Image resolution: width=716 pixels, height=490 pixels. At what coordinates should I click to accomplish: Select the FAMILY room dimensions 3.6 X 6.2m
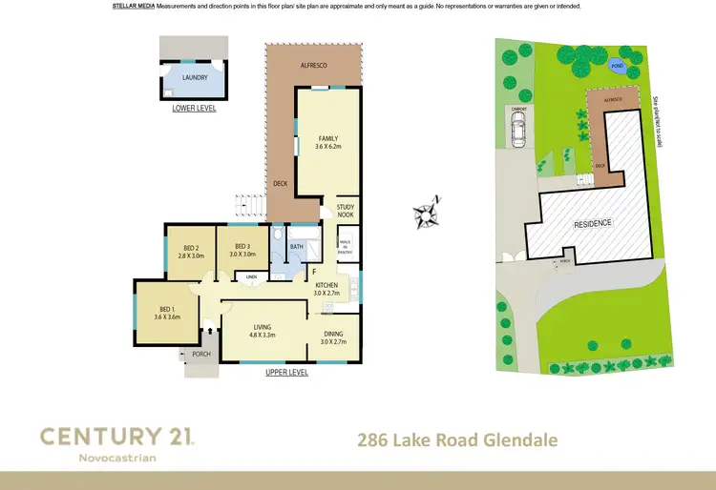pos(328,146)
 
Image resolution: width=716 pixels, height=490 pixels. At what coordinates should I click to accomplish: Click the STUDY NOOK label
pos(345,212)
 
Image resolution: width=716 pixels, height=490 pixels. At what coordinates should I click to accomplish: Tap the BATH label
pos(297,246)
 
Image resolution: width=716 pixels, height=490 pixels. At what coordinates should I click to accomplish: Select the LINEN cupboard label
pos(251,277)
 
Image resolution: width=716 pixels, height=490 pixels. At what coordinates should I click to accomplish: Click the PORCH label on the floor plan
pos(201,354)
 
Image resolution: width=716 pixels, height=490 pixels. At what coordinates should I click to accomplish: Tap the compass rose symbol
pos(432,212)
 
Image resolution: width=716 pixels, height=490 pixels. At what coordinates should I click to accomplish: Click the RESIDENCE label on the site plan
pos(594,224)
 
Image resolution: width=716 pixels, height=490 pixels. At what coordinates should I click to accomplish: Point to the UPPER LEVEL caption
pos(286,373)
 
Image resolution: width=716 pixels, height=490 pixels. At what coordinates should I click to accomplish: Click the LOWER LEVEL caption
pos(194,109)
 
